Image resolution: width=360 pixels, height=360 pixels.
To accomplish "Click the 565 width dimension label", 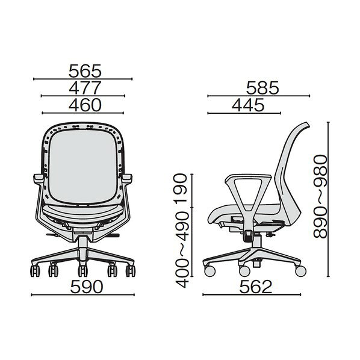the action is point(85,71).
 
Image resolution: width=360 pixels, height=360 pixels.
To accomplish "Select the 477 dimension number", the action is point(85,88).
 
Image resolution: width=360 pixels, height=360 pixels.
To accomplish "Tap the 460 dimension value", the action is point(85,105).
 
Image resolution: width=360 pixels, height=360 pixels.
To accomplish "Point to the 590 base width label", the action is point(87,287).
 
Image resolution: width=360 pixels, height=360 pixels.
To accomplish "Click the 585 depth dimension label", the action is point(262,88).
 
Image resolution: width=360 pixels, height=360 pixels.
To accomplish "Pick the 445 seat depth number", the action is point(248,105).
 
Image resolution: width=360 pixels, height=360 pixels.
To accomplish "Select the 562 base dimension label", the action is point(255,287).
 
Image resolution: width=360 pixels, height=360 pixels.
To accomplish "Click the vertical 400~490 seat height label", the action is point(182,250).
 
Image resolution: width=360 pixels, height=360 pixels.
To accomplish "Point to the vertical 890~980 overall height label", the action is point(320,196).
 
